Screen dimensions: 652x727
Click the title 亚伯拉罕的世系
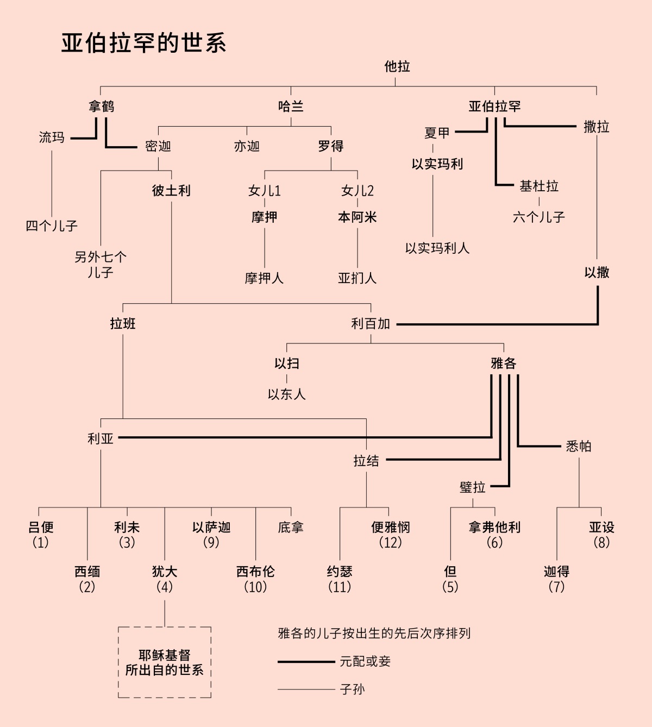[143, 43]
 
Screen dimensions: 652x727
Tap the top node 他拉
[397, 67]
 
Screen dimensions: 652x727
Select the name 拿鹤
[102, 106]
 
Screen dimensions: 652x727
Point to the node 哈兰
[291, 106]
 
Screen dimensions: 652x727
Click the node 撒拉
[596, 127]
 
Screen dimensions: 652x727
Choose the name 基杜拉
[538, 186]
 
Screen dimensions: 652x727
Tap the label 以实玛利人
[437, 248]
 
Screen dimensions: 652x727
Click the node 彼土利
[171, 191]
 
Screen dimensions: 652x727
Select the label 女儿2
[357, 191]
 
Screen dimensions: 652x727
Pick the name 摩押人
[264, 278]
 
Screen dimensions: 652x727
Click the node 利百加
[371, 324]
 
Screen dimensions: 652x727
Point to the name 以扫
[286, 364]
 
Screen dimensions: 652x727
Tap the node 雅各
[503, 364]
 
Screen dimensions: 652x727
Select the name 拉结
[366, 461]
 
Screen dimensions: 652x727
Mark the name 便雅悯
[390, 528]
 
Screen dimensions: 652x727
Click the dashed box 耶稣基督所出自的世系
[165, 662]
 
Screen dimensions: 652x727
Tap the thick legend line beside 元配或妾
[306, 662]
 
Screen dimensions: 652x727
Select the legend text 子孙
[352, 690]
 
